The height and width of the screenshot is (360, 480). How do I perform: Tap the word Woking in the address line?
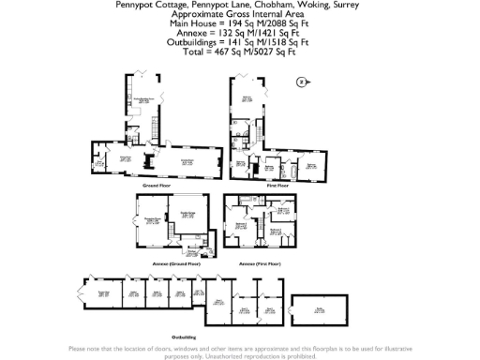coord(300,4)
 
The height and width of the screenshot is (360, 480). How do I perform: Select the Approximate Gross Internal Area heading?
coord(239,15)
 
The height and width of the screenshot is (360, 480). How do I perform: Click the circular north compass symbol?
coord(301,82)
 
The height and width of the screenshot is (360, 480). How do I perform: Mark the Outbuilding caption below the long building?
coord(184,335)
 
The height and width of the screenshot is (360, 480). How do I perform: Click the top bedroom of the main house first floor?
coord(247,98)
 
